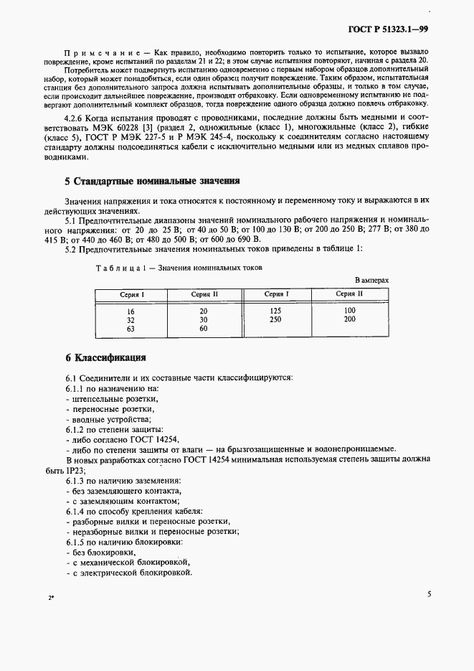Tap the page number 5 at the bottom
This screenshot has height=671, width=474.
428,594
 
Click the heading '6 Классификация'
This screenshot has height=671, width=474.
105,357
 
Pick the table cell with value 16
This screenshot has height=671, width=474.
131,311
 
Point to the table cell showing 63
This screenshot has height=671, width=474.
131,329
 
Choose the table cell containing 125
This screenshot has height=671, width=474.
275,311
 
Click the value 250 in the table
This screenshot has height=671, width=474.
275,319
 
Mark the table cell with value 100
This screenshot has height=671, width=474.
349,311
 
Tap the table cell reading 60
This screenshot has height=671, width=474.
204,329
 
